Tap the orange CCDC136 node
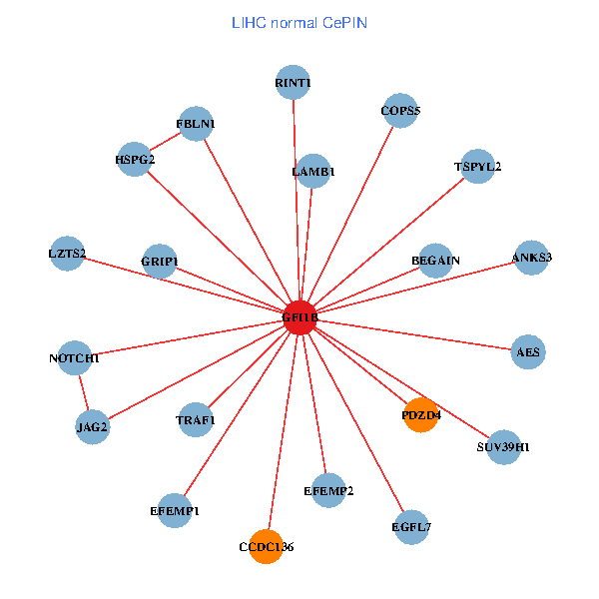click(266, 546)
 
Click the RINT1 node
click(293, 83)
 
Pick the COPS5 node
click(400, 111)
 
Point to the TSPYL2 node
click(478, 166)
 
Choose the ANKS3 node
click(531, 258)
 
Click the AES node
click(528, 351)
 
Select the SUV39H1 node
click(504, 446)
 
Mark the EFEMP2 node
click(328, 490)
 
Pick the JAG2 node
click(92, 427)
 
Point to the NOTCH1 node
click(75, 357)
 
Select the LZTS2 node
click(67, 254)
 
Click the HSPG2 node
click(134, 159)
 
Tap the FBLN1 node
click(196, 124)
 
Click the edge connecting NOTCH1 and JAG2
click(83, 392)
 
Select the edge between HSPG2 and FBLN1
click(165, 141)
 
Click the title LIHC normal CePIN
click(299, 22)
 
